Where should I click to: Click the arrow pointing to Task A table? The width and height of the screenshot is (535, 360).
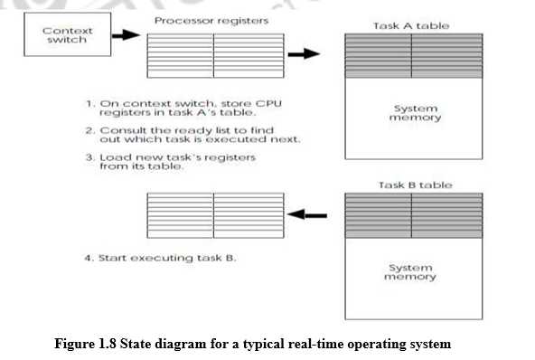309,53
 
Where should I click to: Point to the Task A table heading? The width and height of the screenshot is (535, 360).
411,25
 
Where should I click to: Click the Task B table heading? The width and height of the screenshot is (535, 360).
415,185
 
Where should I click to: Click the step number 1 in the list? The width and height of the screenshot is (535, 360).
90,104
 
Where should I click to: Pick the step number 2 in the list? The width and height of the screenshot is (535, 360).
90,131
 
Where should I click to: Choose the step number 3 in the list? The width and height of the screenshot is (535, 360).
90,157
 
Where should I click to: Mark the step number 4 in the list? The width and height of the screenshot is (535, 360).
90,258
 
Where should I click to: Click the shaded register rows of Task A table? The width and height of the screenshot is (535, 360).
411,54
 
